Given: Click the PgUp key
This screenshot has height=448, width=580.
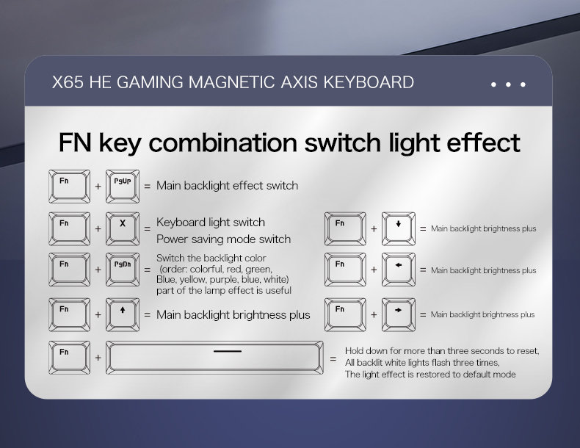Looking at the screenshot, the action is [x=123, y=187].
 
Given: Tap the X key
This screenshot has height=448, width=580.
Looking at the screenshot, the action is [x=123, y=228].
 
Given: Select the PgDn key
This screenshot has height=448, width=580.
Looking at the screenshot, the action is [x=123, y=270].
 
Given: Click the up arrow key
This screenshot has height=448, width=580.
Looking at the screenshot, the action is [x=123, y=315].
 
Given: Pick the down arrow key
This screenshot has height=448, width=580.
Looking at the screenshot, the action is [x=399, y=228].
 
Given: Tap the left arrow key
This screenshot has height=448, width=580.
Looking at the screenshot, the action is [x=399, y=270].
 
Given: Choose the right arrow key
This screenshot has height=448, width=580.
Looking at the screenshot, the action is [x=399, y=315].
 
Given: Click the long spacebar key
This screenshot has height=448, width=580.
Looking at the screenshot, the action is [x=214, y=358].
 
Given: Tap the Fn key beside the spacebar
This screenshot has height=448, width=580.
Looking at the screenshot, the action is [x=69, y=358].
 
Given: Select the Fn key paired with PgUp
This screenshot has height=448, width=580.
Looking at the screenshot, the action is [x=69, y=187].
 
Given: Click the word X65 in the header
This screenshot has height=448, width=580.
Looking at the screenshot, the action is [x=68, y=82].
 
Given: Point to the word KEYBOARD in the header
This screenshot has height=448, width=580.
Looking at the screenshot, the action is [x=369, y=82].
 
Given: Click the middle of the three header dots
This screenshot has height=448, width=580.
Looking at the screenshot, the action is [x=508, y=84].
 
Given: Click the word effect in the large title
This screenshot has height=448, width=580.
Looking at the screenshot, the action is [x=484, y=142].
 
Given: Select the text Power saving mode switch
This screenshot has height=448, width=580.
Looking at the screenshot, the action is [x=223, y=239].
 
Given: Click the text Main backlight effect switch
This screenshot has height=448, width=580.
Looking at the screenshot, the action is [x=227, y=185].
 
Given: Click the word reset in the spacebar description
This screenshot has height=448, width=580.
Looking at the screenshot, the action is [x=527, y=351].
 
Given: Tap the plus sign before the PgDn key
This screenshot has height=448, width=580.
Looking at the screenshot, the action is [x=98, y=270].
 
